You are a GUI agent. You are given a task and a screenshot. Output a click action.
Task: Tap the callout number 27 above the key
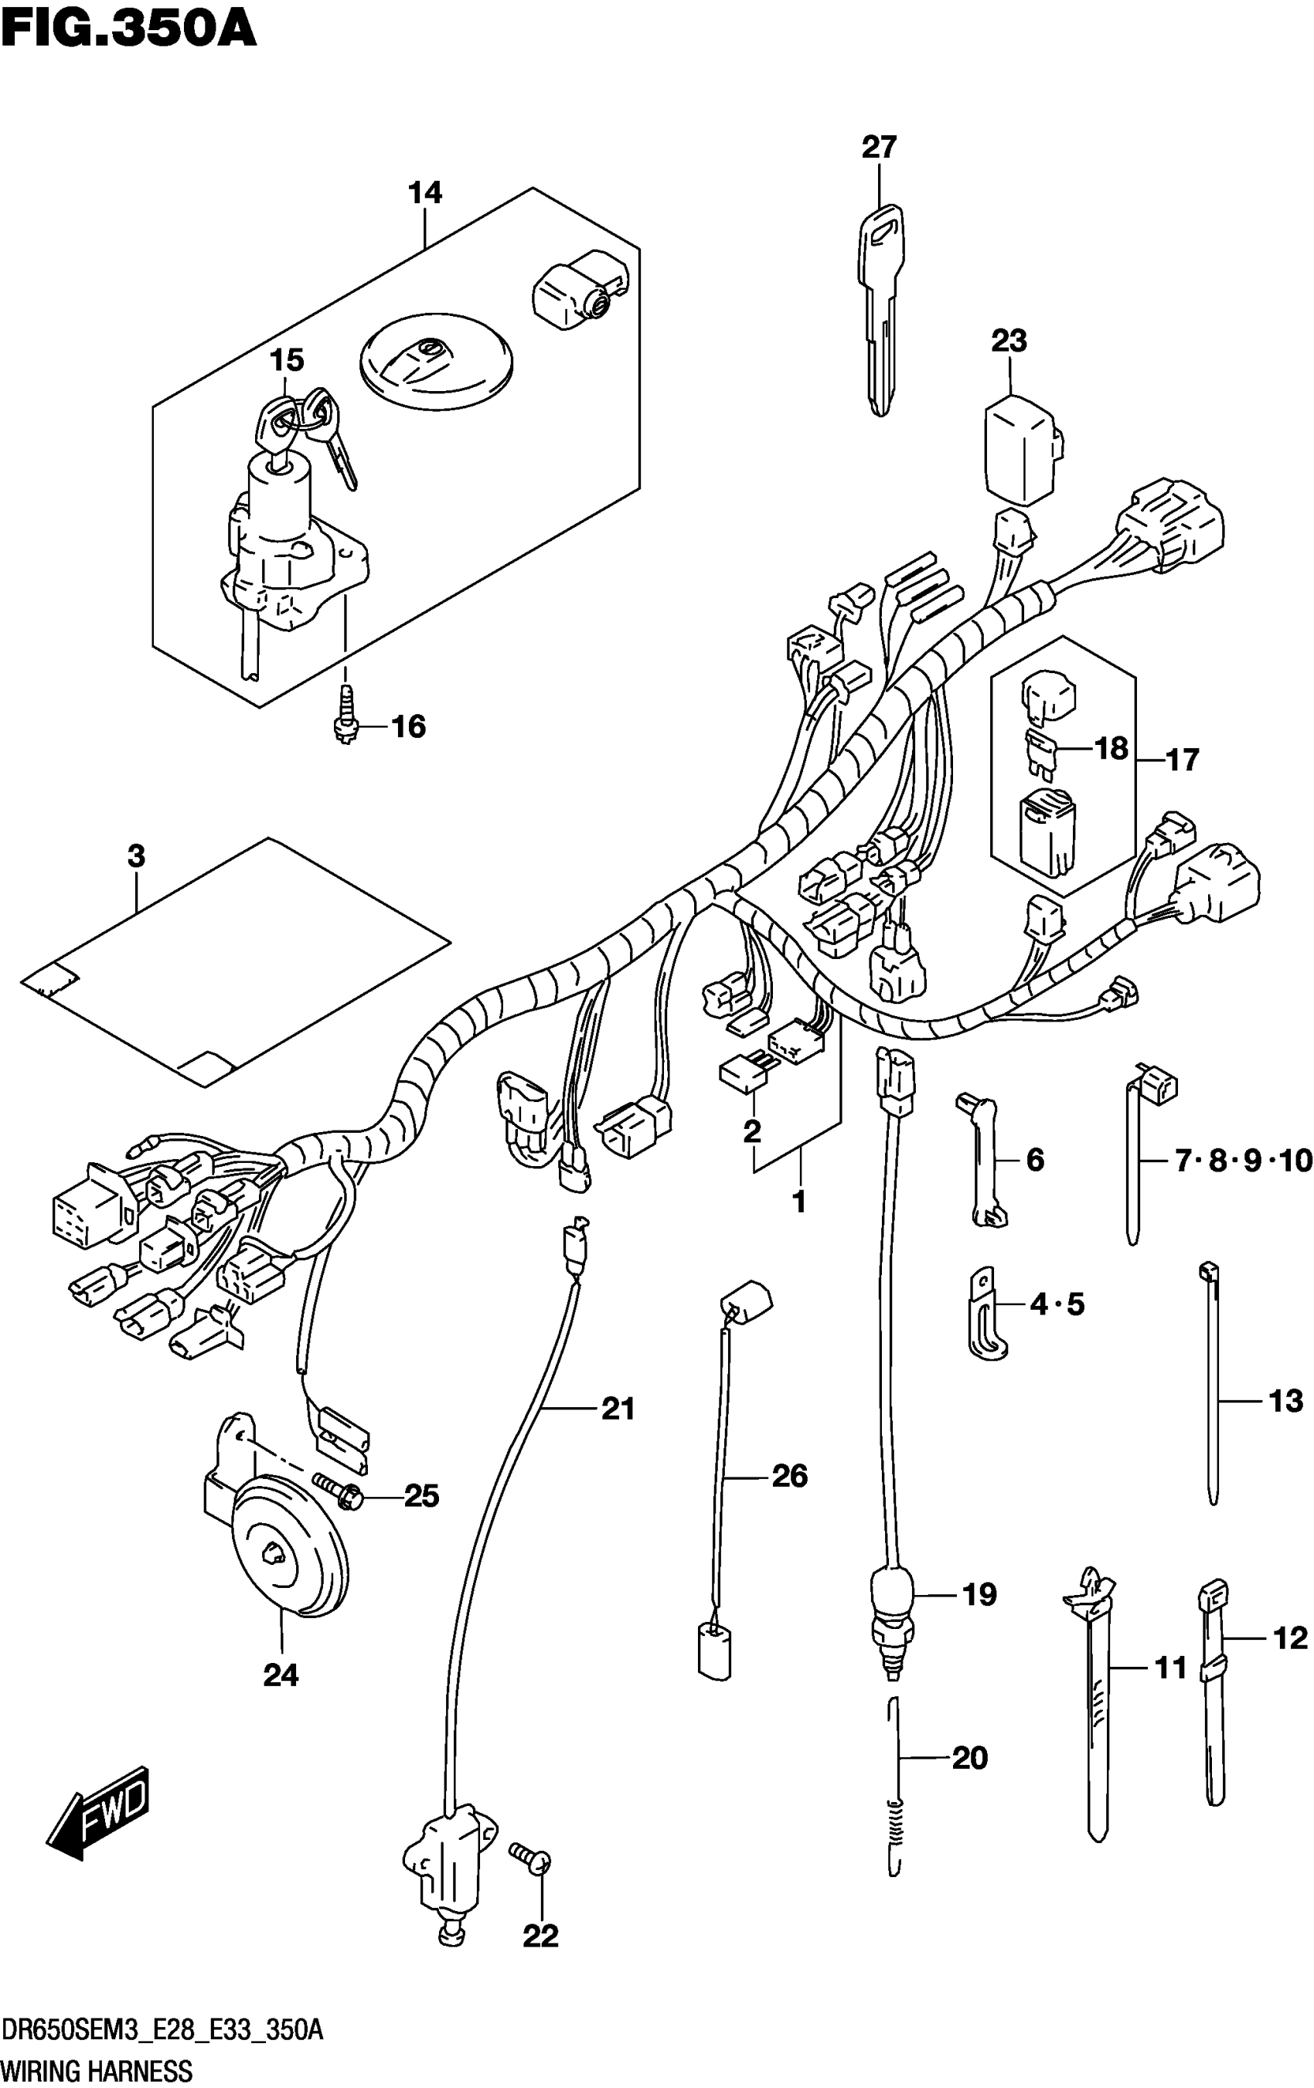[x=878, y=147]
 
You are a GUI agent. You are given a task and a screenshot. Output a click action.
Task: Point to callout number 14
[x=425, y=192]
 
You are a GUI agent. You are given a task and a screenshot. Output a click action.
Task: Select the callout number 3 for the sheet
[x=136, y=857]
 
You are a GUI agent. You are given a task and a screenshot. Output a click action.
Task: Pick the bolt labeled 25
[x=338, y=1492]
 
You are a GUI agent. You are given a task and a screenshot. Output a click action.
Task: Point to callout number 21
[x=618, y=1409]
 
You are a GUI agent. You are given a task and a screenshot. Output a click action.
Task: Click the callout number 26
[x=789, y=1475]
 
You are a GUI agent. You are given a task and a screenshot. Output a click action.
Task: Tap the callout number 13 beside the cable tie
[x=1285, y=1400]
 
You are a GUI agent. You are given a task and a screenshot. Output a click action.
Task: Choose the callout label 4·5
[x=1057, y=1304]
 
